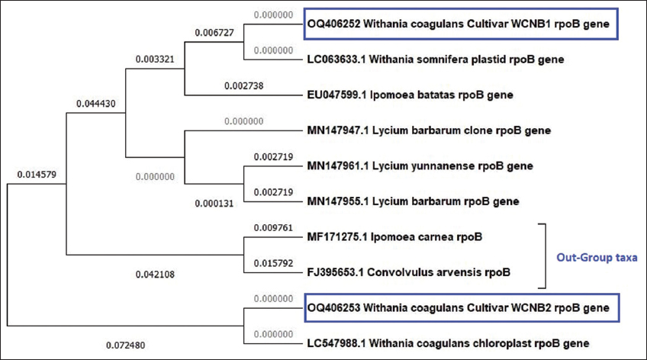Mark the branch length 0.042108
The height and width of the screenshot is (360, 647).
click(x=156, y=275)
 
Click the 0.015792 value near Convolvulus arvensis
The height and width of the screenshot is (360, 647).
click(x=272, y=264)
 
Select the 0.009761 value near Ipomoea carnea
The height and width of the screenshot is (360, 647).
click(x=272, y=227)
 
